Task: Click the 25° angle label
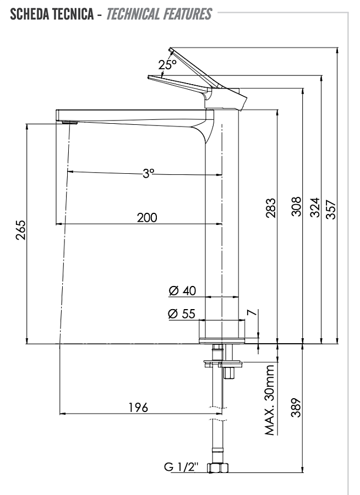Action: click(167, 64)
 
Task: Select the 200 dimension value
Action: click(147, 217)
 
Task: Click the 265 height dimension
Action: click(20, 230)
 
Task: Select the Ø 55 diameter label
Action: click(182, 314)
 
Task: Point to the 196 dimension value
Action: click(138, 408)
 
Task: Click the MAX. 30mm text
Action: click(270, 400)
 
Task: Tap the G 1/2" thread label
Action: click(181, 467)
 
